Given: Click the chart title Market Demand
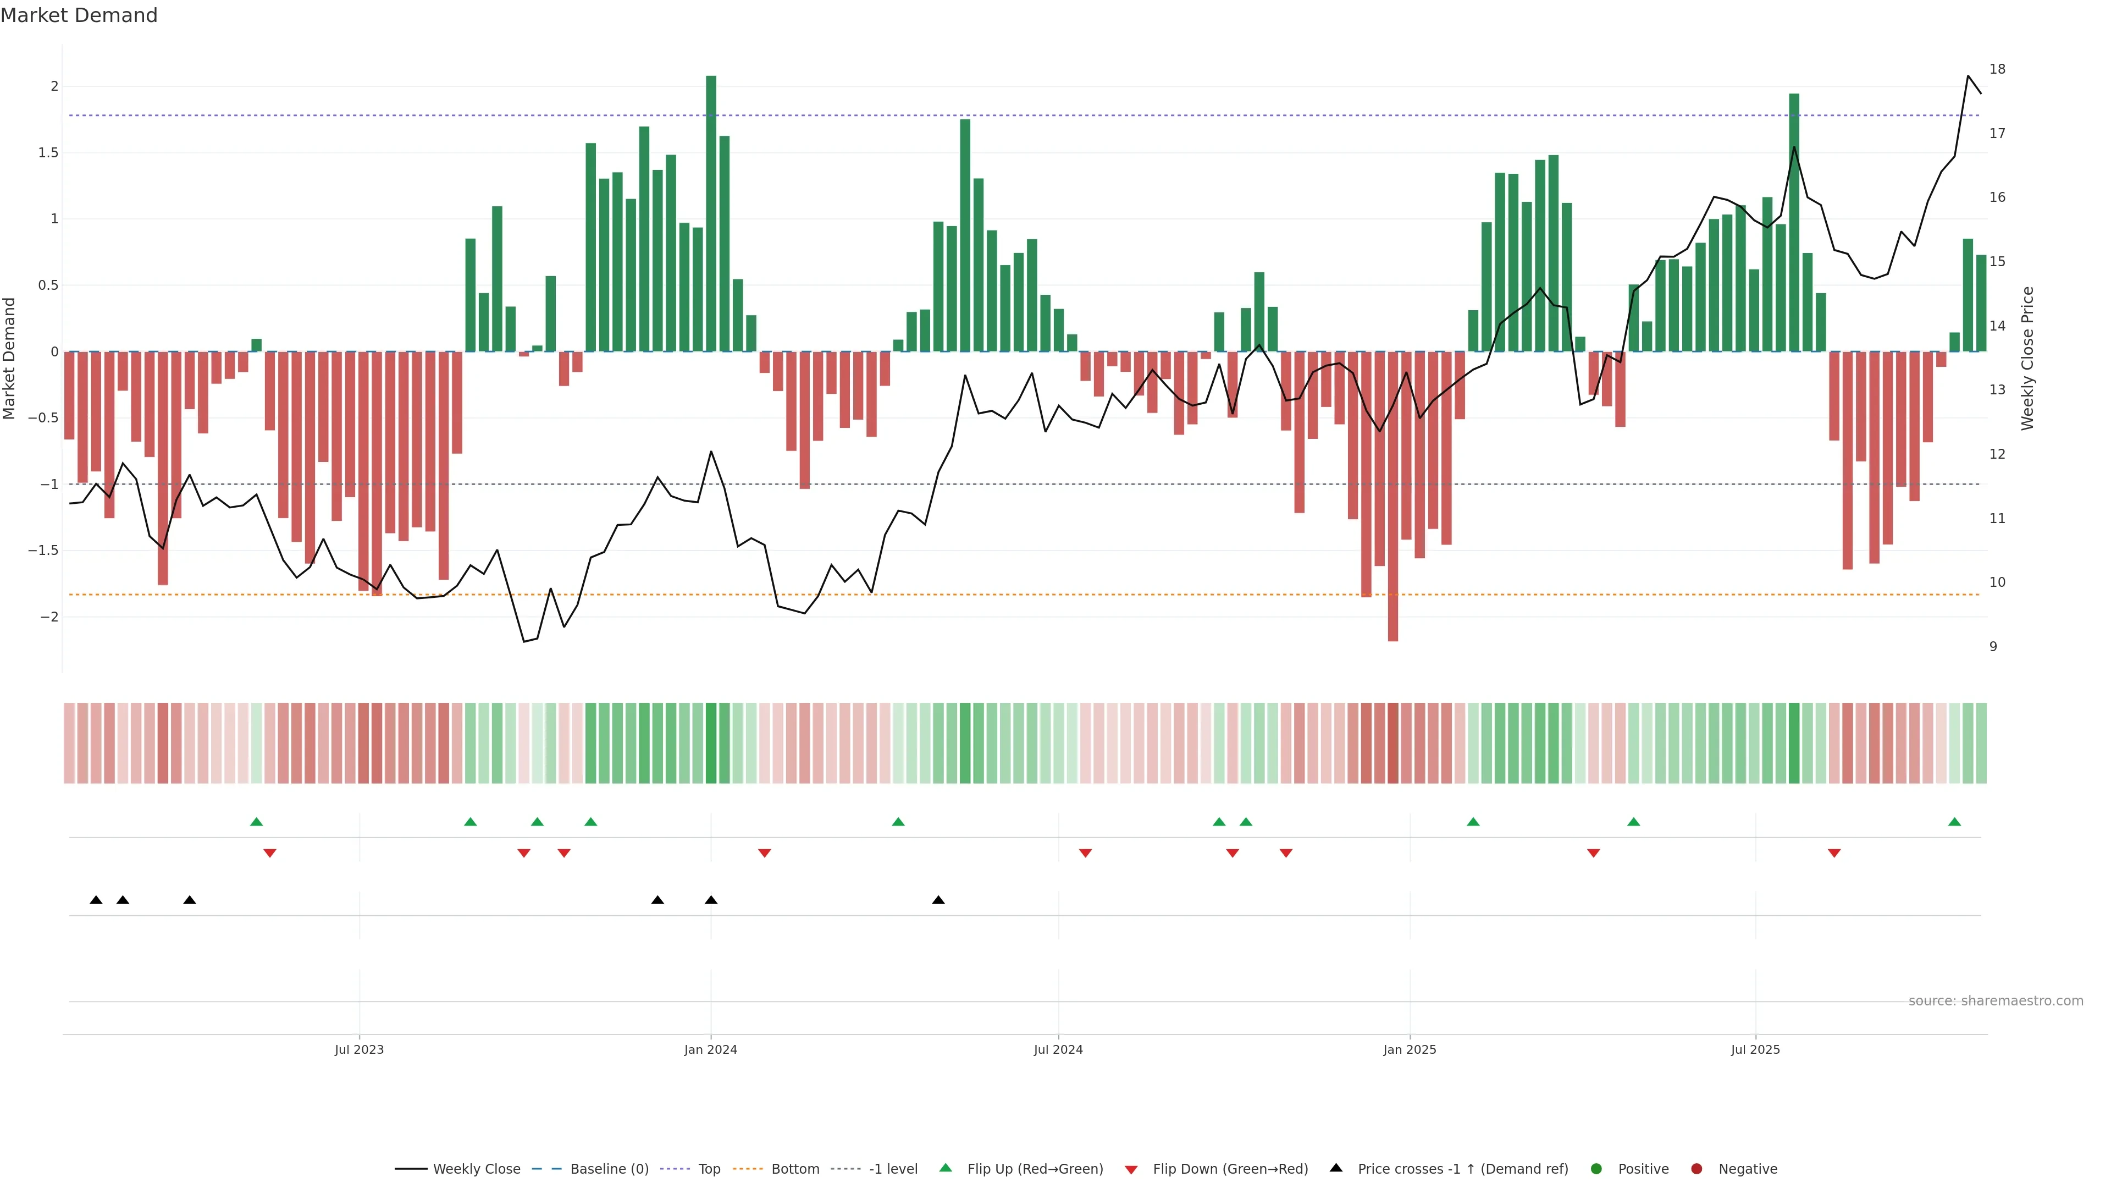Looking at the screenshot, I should tap(79, 15).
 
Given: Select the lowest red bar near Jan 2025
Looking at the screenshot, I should tap(1392, 496).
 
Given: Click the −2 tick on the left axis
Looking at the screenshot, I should tap(48, 617).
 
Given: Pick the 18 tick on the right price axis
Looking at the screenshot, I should tap(1997, 69).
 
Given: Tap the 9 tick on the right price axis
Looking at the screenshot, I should tap(1993, 646).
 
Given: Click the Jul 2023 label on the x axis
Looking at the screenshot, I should tap(359, 1049).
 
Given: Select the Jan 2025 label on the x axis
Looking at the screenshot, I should tap(1410, 1049).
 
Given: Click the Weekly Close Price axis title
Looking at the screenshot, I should tap(2027, 358).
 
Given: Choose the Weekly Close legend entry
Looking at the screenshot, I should tap(476, 1169).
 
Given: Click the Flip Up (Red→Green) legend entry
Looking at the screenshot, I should tap(1034, 1169).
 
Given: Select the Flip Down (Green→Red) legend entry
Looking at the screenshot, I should tap(1229, 1169).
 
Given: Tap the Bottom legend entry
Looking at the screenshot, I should tap(794, 1169).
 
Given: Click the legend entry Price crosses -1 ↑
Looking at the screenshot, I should tap(1462, 1169).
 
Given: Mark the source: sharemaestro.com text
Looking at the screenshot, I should tap(1996, 1001).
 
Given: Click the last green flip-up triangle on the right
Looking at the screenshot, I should tap(1954, 822).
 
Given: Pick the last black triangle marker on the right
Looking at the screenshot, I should tap(938, 900).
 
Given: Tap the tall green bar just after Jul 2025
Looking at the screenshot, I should tap(1794, 221).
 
